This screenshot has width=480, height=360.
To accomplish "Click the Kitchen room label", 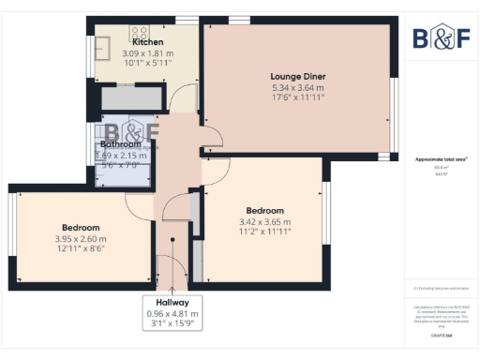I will [x=147, y=42].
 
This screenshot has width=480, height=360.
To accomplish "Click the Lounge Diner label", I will [x=298, y=77].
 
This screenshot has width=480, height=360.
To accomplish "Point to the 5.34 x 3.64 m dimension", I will [x=298, y=88].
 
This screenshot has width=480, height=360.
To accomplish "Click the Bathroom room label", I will [x=121, y=144].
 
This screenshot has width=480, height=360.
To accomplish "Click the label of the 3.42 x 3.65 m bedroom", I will [x=264, y=210].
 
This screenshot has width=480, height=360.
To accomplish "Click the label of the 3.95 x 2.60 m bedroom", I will [x=81, y=227].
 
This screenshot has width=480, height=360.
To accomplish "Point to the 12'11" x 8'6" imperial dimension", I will [x=81, y=249].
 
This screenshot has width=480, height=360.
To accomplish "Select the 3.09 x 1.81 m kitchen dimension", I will [x=147, y=53].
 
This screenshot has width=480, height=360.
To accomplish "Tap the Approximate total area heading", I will [x=442, y=159].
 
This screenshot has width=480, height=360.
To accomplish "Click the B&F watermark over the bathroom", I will [x=130, y=133].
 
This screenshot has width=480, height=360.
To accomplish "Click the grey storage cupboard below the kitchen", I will [x=132, y=98].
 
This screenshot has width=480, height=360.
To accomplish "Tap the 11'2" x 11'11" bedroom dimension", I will [x=264, y=232].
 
